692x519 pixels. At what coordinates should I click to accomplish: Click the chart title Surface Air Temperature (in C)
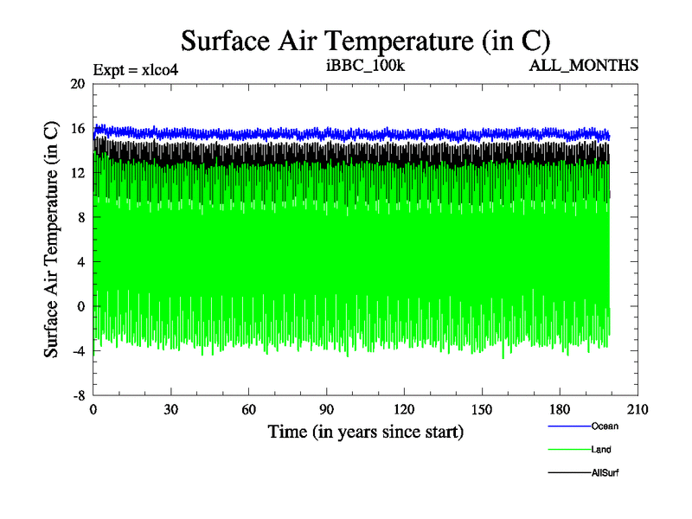pyautogui.click(x=365, y=40)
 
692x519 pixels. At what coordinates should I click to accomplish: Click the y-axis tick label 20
pyautogui.click(x=78, y=84)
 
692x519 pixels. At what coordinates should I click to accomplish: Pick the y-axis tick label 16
pyautogui.click(x=78, y=129)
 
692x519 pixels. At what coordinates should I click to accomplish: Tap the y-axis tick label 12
pyautogui.click(x=78, y=173)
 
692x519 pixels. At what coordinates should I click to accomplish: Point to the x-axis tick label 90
pyautogui.click(x=327, y=410)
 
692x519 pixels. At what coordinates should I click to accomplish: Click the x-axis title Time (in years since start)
pyautogui.click(x=365, y=431)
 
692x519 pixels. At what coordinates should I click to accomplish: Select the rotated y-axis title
pyautogui.click(x=52, y=240)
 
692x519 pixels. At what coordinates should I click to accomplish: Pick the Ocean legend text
pyautogui.click(x=605, y=426)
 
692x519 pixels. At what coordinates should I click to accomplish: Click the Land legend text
pyautogui.click(x=601, y=450)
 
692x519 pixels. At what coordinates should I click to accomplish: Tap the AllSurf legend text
pyautogui.click(x=605, y=472)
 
